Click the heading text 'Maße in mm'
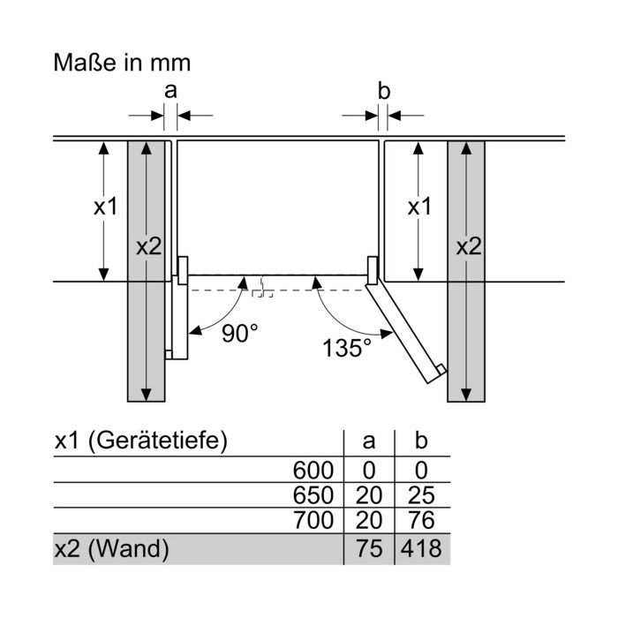pyautogui.click(x=122, y=63)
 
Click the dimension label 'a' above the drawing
pyautogui.click(x=170, y=92)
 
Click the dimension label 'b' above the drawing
pyautogui.click(x=383, y=91)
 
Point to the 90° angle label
pyautogui.click(x=239, y=333)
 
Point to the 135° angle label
pyautogui.click(x=347, y=348)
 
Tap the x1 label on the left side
pyautogui.click(x=105, y=207)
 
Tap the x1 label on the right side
pyautogui.click(x=419, y=207)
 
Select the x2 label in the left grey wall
pyautogui.click(x=148, y=246)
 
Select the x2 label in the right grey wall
pyautogui.click(x=469, y=246)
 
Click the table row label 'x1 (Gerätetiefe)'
pyautogui.click(x=140, y=441)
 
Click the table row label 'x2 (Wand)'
pyautogui.click(x=111, y=548)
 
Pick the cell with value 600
pyautogui.click(x=313, y=470)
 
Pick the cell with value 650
pyautogui.click(x=313, y=495)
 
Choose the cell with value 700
pyautogui.click(x=313, y=520)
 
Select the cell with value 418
pyautogui.click(x=421, y=548)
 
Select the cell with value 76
pyautogui.click(x=421, y=520)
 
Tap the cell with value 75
pyautogui.click(x=369, y=548)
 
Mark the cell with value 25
pyautogui.click(x=421, y=495)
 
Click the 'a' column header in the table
pyautogui.click(x=368, y=442)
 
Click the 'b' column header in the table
pyautogui.click(x=421, y=440)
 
